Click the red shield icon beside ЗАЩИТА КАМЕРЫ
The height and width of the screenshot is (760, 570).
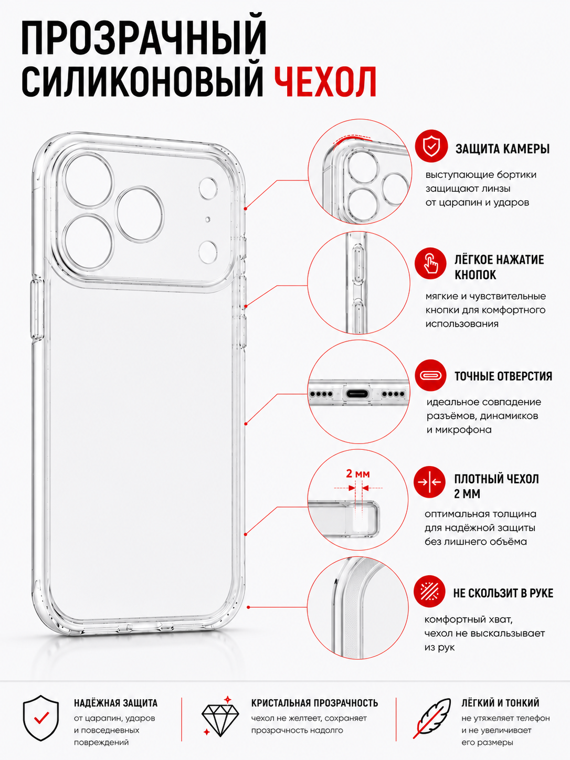point(431,146)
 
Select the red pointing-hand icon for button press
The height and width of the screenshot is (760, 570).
point(430,263)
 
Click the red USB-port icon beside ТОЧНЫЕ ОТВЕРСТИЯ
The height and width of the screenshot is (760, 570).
point(430,375)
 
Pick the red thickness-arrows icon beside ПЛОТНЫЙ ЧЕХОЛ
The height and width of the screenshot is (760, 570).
point(429,482)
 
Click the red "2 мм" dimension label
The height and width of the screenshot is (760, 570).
point(358,473)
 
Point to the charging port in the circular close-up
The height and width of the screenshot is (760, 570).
point(358,394)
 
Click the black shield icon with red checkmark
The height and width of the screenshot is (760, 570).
point(41,718)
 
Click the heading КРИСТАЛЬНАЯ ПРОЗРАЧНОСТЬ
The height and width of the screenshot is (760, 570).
point(314,703)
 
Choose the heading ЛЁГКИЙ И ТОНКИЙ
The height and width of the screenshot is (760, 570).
point(500,702)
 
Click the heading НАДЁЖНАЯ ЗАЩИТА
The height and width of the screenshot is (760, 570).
point(115,703)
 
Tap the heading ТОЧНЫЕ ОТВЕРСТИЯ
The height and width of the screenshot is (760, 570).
point(503,376)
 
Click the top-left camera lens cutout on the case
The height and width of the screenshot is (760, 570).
point(89,181)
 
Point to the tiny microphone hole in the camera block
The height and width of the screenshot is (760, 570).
point(208,219)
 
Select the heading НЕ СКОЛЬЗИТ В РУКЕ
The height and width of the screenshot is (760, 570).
point(503,593)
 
